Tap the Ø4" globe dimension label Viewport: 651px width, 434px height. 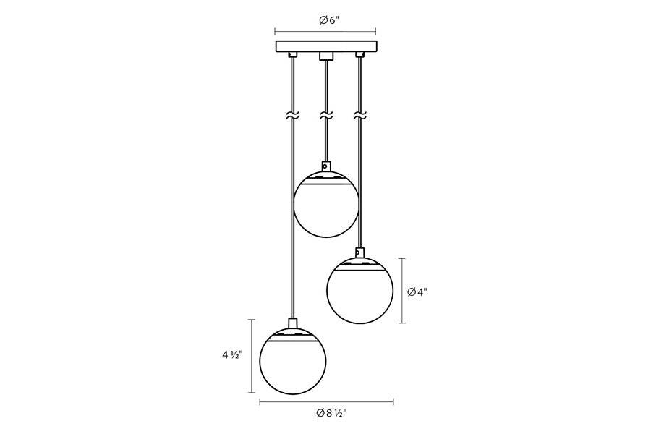417,292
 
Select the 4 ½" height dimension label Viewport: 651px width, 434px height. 231,355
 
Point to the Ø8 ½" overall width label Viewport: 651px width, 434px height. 331,413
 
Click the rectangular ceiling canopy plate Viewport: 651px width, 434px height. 326,46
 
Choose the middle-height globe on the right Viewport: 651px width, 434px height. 359,290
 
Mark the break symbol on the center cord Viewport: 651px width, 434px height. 326,116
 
